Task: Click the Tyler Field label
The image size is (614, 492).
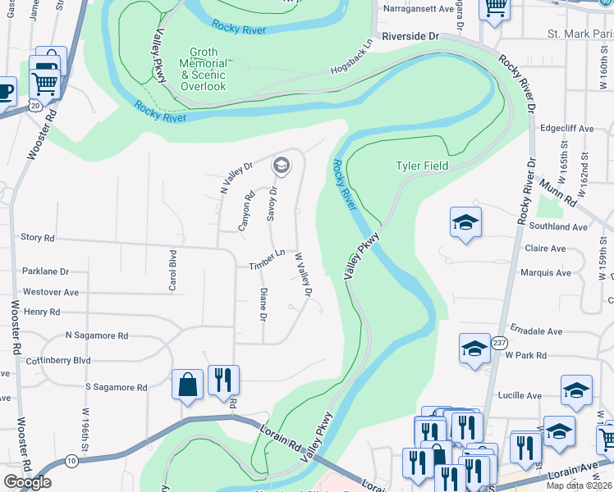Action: [422, 166]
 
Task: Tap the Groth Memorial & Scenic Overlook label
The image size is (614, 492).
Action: [204, 69]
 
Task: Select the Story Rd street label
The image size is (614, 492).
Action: [37, 238]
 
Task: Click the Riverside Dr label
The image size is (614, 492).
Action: [410, 37]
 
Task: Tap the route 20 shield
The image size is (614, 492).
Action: [34, 105]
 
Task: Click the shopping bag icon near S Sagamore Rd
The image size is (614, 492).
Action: [187, 384]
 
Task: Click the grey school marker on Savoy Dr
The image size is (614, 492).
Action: [282, 166]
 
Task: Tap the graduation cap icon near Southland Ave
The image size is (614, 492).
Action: [465, 222]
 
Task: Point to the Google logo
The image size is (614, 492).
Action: [27, 483]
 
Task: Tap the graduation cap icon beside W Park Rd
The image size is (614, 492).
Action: [474, 348]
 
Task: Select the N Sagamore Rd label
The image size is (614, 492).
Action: [97, 335]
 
